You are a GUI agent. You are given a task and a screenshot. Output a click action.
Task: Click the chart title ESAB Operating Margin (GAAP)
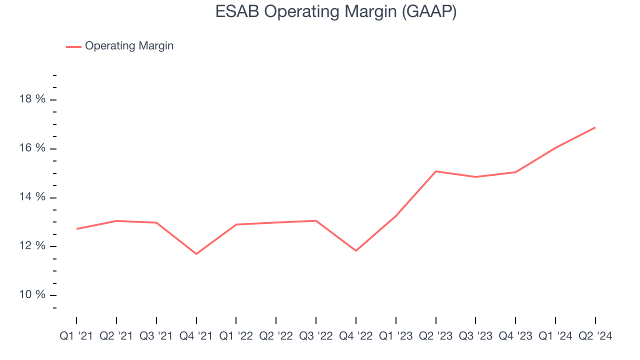coord(335,11)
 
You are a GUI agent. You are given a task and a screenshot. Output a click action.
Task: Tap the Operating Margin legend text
coord(129,46)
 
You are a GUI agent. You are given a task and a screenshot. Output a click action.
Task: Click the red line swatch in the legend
coord(73,46)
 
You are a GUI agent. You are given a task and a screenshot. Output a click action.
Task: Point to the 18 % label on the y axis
coord(32,99)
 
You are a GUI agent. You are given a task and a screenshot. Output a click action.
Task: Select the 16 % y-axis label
coord(32,148)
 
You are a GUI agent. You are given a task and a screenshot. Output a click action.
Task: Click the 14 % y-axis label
coord(32,197)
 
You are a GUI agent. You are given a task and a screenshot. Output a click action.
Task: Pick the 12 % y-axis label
coord(32,246)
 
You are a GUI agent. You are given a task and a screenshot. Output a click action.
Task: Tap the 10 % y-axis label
coord(32,295)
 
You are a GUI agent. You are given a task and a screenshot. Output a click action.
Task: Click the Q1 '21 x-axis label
coord(76,336)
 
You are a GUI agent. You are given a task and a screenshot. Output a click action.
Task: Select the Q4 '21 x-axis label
coord(196,336)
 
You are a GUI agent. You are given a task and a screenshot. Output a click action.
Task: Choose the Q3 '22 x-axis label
coord(316,336)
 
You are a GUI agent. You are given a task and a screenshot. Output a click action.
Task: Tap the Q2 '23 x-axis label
coord(435,336)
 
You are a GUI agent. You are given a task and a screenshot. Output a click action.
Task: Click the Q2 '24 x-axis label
coord(595,336)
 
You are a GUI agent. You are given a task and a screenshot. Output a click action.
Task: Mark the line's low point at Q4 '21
coord(196,254)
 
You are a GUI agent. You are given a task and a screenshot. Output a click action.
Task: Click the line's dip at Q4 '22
coord(356,250)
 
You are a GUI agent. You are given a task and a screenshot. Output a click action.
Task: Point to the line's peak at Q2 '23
coord(435,171)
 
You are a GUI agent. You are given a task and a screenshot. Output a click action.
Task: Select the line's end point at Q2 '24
coord(595,127)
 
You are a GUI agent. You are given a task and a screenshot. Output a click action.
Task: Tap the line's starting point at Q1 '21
coord(76,228)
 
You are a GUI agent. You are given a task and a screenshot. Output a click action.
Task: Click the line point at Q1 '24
coord(555,147)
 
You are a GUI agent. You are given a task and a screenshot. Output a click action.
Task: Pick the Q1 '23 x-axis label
coord(395,336)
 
